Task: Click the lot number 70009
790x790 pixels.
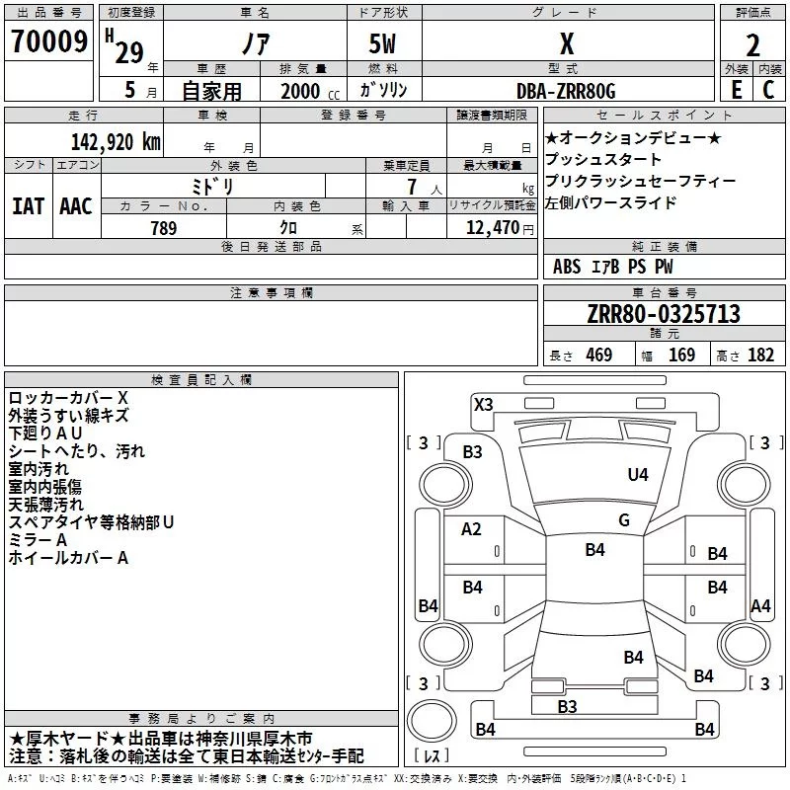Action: (x=47, y=41)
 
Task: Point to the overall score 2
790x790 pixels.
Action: (x=752, y=45)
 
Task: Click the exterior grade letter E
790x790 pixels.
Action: (x=736, y=90)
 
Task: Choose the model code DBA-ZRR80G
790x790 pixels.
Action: (x=566, y=91)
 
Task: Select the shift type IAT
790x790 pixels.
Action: (x=28, y=206)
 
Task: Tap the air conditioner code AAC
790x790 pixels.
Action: (x=76, y=206)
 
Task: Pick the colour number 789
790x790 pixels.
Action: (x=163, y=228)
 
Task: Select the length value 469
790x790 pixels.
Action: (x=594, y=355)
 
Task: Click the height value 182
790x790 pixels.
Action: (x=760, y=355)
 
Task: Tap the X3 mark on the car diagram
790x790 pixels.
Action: (x=484, y=404)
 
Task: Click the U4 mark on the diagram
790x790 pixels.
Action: (x=638, y=475)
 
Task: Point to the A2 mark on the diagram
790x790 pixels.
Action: (x=472, y=529)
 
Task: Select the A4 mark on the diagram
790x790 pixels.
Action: (x=760, y=606)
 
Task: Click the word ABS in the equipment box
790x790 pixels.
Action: (x=567, y=267)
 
